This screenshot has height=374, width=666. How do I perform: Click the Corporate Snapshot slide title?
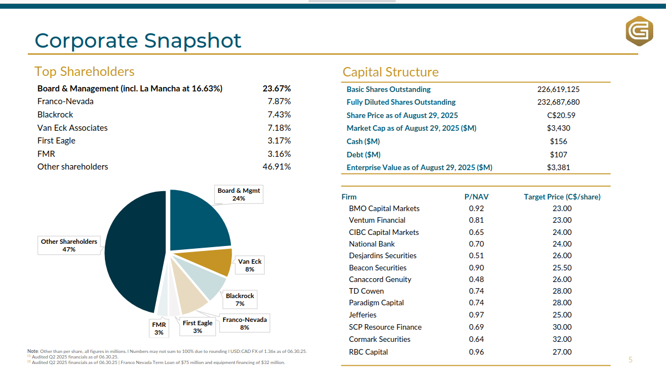(138, 40)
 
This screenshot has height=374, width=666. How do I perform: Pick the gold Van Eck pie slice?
(219, 262)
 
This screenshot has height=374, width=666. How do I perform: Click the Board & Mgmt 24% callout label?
(239, 194)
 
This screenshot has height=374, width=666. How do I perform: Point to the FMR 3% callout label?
(159, 329)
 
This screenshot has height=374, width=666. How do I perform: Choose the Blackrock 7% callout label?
(240, 300)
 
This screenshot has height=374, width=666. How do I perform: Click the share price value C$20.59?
(558, 115)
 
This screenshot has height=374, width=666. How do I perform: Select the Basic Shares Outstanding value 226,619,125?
(558, 89)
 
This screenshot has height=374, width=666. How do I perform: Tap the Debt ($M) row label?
(364, 155)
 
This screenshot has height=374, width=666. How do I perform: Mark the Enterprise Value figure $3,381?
(558, 167)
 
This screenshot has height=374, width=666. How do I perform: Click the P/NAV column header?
(476, 197)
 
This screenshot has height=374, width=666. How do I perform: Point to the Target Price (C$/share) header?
(562, 197)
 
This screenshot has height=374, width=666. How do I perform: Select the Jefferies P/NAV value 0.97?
(476, 315)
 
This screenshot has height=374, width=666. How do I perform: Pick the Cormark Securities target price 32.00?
(562, 339)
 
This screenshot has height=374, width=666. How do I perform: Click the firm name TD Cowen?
(366, 291)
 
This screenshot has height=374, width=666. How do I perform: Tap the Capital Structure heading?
(390, 72)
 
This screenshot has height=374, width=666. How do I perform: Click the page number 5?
(630, 360)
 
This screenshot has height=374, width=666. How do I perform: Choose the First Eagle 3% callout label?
(198, 327)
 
